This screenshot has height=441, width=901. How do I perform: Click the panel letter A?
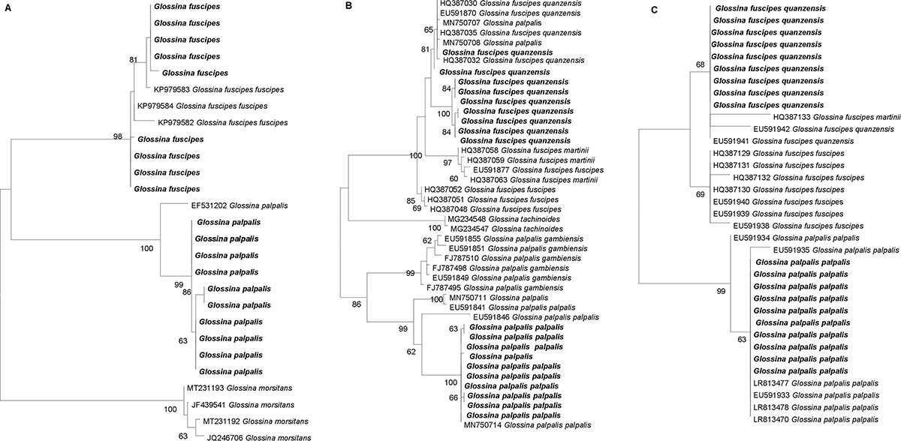click(5, 7)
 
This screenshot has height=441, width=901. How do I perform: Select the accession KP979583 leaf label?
click(219, 89)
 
